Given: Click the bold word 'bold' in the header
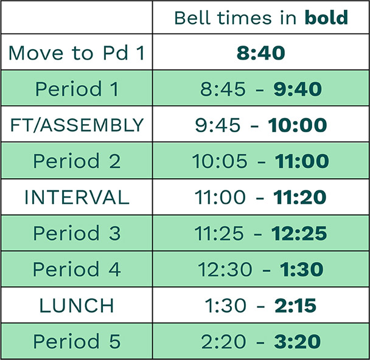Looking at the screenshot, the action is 326,18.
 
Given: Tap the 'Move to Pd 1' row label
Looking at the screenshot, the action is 77,53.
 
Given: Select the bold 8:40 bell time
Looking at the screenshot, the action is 260,53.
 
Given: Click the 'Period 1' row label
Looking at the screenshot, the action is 77,89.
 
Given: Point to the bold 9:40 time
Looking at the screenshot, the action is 298,89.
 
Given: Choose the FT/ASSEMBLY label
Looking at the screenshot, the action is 77,125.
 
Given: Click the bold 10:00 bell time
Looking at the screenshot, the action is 298,125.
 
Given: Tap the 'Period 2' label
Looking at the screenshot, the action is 77,161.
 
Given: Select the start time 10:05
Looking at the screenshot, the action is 220,161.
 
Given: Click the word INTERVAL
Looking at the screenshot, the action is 77,197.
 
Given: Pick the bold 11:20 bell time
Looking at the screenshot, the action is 299,197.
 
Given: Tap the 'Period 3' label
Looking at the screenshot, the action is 77,233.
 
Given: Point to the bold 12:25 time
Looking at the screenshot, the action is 299,234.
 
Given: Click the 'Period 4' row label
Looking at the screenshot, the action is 77,269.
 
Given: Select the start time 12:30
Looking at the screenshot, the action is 225,269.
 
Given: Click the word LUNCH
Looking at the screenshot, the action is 77,305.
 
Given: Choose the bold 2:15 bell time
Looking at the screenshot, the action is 295,305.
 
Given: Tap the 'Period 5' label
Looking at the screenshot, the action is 77,341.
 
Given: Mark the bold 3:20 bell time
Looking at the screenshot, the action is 298,341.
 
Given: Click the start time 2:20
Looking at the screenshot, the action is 223,341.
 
